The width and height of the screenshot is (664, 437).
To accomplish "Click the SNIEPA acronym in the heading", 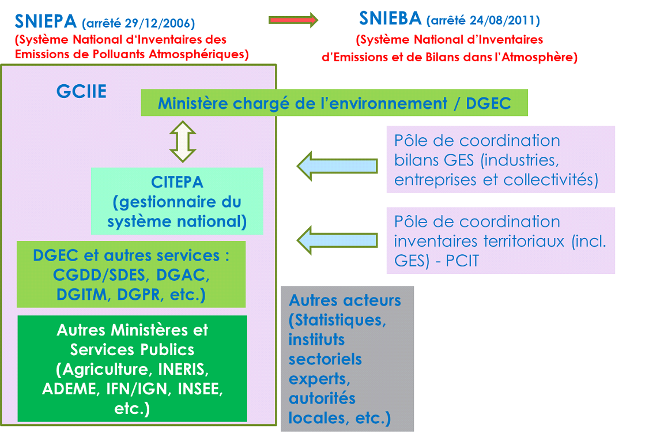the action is pyautogui.click(x=46, y=21).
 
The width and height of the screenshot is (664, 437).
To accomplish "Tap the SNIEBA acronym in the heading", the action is pyautogui.click(x=390, y=18).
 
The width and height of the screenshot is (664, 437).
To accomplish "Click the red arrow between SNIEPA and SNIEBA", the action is pyautogui.click(x=293, y=20).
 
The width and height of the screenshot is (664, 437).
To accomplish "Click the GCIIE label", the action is pyautogui.click(x=81, y=92).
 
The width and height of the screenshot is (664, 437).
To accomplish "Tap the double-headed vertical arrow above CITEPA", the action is pyautogui.click(x=183, y=142).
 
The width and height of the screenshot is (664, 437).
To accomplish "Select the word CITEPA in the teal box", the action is pyautogui.click(x=177, y=182).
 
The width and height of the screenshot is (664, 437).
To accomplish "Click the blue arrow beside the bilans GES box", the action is pyautogui.click(x=337, y=165).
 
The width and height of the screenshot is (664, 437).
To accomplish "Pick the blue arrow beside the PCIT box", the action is pyautogui.click(x=337, y=240).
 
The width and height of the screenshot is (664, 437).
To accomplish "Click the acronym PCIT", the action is pyautogui.click(x=462, y=261).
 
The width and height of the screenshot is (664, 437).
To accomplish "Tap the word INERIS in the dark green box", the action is pyautogui.click(x=183, y=369).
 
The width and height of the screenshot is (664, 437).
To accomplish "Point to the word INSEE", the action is pyautogui.click(x=200, y=389).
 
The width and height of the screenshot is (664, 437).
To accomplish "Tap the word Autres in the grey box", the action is pyautogui.click(x=313, y=300).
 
